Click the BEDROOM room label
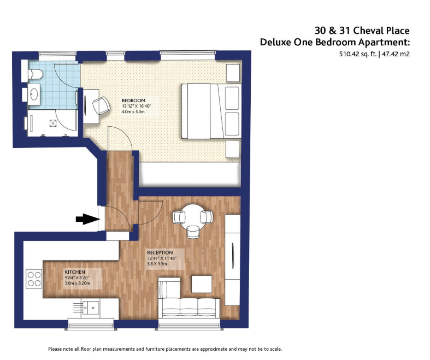click(133, 101)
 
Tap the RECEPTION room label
click(160, 252)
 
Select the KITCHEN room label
click(75, 272)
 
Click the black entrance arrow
click(87, 219)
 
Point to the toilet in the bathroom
click(36, 74)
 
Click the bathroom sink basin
click(34, 94)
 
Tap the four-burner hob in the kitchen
click(34, 279)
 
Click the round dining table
click(193, 217)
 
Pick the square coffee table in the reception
click(202, 284)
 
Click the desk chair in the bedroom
click(101, 105)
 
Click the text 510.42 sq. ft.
click(358, 54)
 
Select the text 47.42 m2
click(396, 54)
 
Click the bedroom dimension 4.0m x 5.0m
click(133, 111)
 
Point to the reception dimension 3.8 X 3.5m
click(157, 264)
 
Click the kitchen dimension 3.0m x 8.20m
click(78, 283)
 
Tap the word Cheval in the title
click(368, 31)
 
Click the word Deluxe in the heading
click(275, 42)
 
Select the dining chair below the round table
click(193, 232)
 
